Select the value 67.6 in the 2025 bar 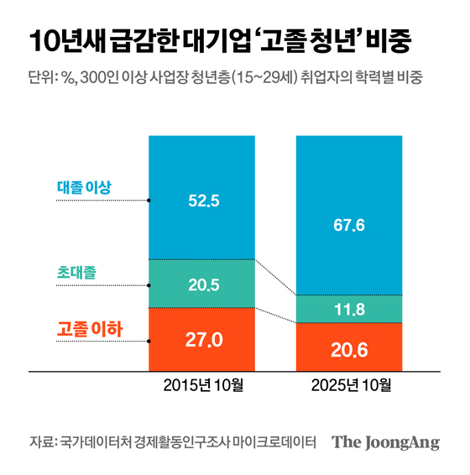[x=351, y=226]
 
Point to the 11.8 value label [x=351, y=310]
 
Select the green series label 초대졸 [x=80, y=272]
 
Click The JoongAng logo [x=385, y=442]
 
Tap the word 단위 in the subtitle [x=39, y=78]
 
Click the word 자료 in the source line [x=40, y=442]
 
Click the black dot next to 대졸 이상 [x=149, y=201]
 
